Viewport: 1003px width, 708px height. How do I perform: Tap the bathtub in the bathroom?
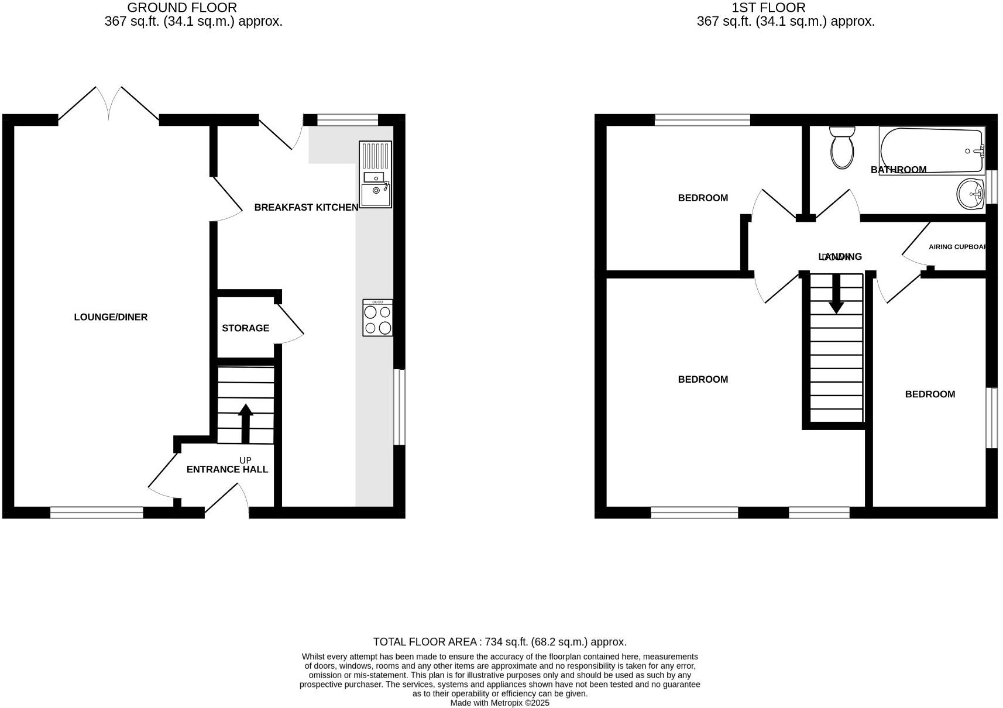point(932,150)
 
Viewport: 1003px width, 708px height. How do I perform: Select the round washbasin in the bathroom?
point(971,193)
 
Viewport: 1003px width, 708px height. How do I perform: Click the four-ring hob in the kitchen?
point(377,318)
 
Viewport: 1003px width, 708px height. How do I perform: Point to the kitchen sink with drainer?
point(375,174)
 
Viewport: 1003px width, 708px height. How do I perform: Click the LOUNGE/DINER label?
point(111,317)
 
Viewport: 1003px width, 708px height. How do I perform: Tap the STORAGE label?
point(245,328)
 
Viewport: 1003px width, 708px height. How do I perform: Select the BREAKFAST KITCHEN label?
point(306,207)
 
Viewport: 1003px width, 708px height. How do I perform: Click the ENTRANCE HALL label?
point(227,469)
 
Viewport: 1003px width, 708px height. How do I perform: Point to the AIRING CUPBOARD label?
point(957,247)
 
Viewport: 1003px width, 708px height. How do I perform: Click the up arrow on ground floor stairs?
point(245,422)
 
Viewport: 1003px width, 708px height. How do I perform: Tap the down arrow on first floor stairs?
point(836,293)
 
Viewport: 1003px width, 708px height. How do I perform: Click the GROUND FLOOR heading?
point(182,8)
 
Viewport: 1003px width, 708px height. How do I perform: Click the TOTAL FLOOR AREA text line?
point(500,642)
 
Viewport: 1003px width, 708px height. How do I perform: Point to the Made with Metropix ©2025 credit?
point(500,703)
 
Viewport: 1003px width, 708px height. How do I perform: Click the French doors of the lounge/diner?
point(109,105)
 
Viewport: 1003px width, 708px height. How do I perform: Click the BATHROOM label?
point(898,170)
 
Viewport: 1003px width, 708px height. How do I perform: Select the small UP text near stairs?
point(245,460)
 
